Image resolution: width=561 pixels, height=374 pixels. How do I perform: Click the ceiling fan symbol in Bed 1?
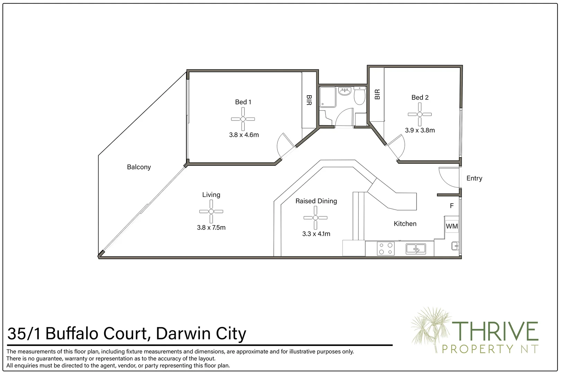(243, 119)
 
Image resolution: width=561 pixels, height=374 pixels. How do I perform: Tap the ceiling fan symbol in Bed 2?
(420, 114)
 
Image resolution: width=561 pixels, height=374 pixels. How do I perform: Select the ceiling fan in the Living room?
(211, 211)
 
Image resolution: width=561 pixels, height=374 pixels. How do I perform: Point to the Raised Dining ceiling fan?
(315, 218)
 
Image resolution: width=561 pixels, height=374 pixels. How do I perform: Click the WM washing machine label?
(452, 226)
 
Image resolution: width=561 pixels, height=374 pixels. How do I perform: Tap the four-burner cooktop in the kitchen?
(386, 249)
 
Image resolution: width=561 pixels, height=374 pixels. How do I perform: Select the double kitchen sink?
(416, 249)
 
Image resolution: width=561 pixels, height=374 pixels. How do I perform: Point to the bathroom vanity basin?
(345, 91)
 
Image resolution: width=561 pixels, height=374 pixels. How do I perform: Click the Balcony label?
(139, 167)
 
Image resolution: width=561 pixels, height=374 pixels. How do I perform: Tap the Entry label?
(474, 178)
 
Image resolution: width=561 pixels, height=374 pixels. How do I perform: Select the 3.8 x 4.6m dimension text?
(244, 135)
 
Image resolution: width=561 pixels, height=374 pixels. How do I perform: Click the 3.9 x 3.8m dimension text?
(420, 131)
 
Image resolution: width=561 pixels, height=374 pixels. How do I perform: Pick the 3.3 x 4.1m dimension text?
(316, 234)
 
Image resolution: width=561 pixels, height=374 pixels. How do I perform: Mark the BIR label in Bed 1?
(309, 100)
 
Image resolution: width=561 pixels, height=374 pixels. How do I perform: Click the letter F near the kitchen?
(452, 206)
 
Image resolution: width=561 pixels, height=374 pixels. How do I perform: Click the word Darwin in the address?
(179, 334)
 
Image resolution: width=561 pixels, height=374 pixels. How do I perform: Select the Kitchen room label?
(405, 224)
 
